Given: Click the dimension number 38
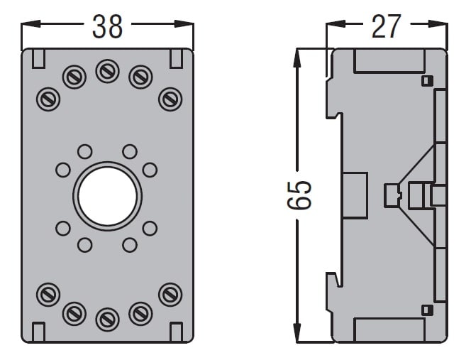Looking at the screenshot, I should (x=107, y=26).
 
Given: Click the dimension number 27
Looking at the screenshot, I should (x=386, y=26).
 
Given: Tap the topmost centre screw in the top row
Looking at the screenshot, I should (x=107, y=71).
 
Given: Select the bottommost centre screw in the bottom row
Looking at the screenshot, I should (x=107, y=319).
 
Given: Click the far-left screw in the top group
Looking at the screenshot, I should (x=48, y=98).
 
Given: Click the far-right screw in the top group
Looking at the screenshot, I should (x=170, y=98).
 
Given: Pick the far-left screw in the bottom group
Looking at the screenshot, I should (x=48, y=293).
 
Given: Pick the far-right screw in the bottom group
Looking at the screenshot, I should (x=170, y=293).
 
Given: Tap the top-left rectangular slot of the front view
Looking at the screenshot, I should (x=39, y=58).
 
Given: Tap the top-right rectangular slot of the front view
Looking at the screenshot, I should (x=176, y=58).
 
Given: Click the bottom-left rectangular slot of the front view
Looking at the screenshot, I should (x=39, y=331).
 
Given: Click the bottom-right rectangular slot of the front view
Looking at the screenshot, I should (x=176, y=331).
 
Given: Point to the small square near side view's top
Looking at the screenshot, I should (x=426, y=80).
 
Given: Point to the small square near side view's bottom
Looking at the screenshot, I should (x=426, y=310).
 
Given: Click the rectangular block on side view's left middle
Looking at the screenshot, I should (x=355, y=195).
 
